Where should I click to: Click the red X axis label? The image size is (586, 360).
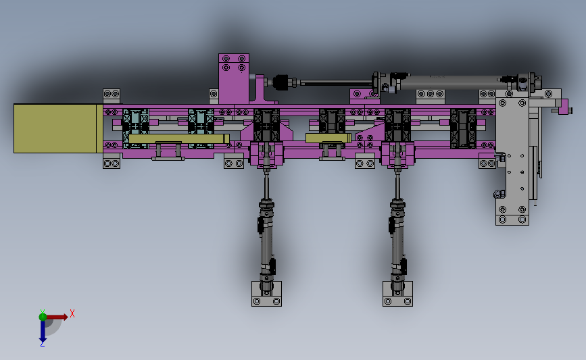[72, 313]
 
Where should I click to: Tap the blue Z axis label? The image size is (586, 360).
[42, 344]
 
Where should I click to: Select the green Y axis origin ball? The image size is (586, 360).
[43, 317]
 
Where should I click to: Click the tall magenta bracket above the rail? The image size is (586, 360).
[234, 79]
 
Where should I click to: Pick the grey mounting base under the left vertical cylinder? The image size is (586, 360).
[266, 294]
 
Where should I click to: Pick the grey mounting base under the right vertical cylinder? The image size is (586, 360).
[397, 294]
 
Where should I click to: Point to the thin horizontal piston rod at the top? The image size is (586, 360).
[336, 83]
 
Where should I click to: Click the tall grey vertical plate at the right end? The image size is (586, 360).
[512, 161]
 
